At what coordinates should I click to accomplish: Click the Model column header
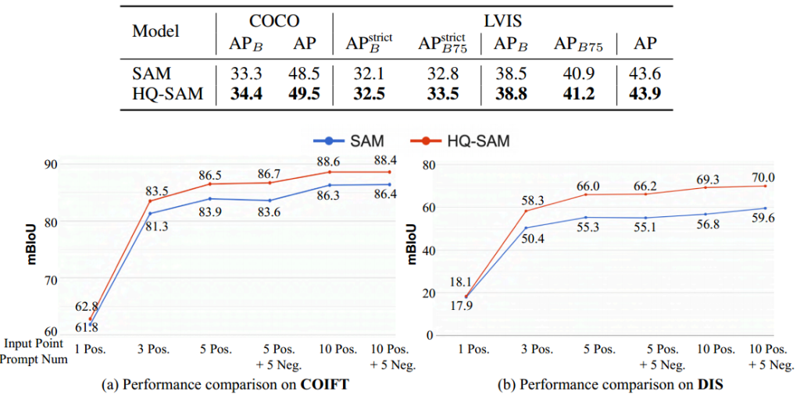pyautogui.click(x=155, y=31)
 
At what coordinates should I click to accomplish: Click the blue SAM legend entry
pyautogui.click(x=352, y=142)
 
